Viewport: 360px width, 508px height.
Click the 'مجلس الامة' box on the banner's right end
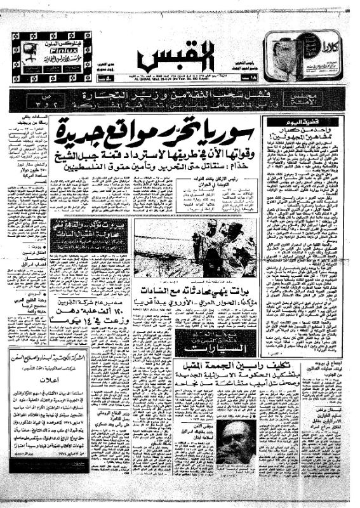335,99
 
